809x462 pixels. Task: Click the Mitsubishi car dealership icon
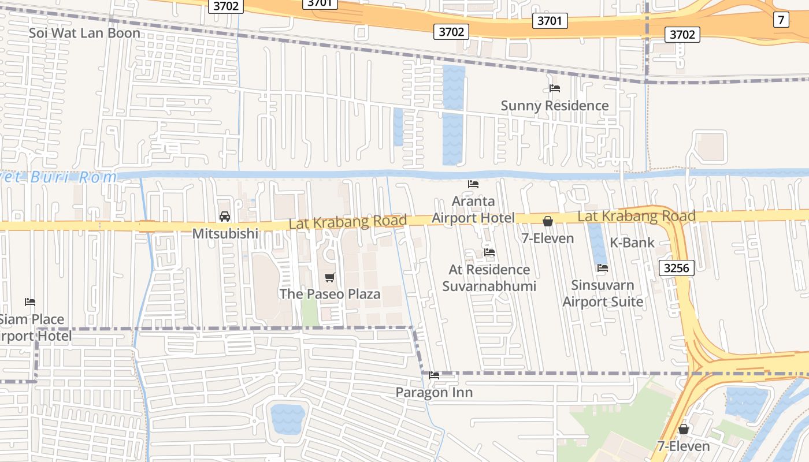225,217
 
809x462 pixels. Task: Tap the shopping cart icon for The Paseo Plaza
330,278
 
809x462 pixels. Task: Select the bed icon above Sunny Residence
555,88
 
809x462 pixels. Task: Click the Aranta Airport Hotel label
473,210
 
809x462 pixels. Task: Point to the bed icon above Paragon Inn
434,375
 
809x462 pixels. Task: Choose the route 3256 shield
676,267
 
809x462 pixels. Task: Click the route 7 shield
781,20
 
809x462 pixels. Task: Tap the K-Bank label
632,243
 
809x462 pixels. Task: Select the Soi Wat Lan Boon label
84,33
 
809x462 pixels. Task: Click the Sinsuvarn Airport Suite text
603,293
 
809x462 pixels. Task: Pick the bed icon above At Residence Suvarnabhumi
489,252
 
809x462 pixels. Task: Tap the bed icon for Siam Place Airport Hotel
30,302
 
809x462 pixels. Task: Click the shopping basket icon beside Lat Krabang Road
547,221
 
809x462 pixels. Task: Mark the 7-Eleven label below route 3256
684,446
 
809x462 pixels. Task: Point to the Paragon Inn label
434,393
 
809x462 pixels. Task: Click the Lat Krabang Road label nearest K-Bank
636,217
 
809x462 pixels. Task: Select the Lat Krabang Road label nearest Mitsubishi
347,221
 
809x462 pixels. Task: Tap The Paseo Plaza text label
330,294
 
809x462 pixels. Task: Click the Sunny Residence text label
554,106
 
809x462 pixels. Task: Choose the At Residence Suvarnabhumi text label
489,278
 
